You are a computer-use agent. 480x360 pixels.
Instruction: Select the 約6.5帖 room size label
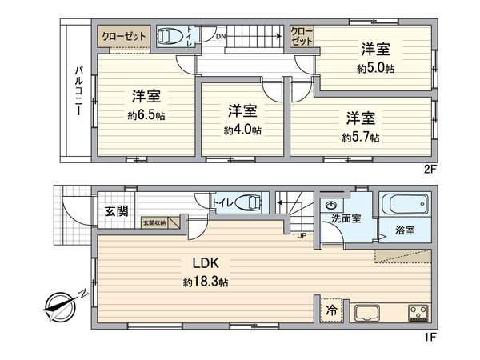point(146,115)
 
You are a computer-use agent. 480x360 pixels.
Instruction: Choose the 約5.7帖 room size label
point(361,138)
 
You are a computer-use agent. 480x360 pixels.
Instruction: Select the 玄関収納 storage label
point(156,223)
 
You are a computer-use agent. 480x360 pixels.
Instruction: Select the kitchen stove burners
point(417,312)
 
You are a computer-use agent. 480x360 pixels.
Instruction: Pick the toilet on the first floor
point(249,203)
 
